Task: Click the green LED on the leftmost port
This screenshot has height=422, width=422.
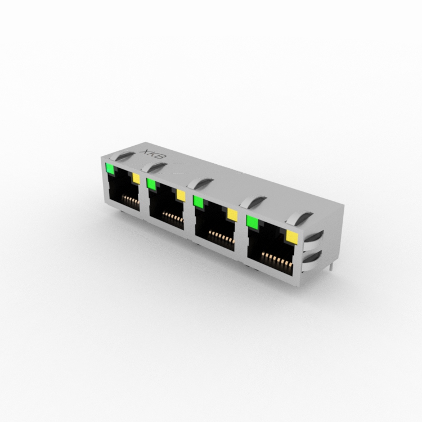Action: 110,168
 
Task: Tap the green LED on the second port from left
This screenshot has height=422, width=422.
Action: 151,185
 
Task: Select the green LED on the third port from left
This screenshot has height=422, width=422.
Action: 199,202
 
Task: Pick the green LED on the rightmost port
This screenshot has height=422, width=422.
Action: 252,222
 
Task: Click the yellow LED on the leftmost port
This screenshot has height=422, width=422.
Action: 136,179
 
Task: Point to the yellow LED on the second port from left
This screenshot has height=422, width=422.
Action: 181,195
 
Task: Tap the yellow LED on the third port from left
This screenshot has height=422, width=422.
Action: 232,215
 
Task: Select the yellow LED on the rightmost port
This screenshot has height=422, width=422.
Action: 292,237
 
